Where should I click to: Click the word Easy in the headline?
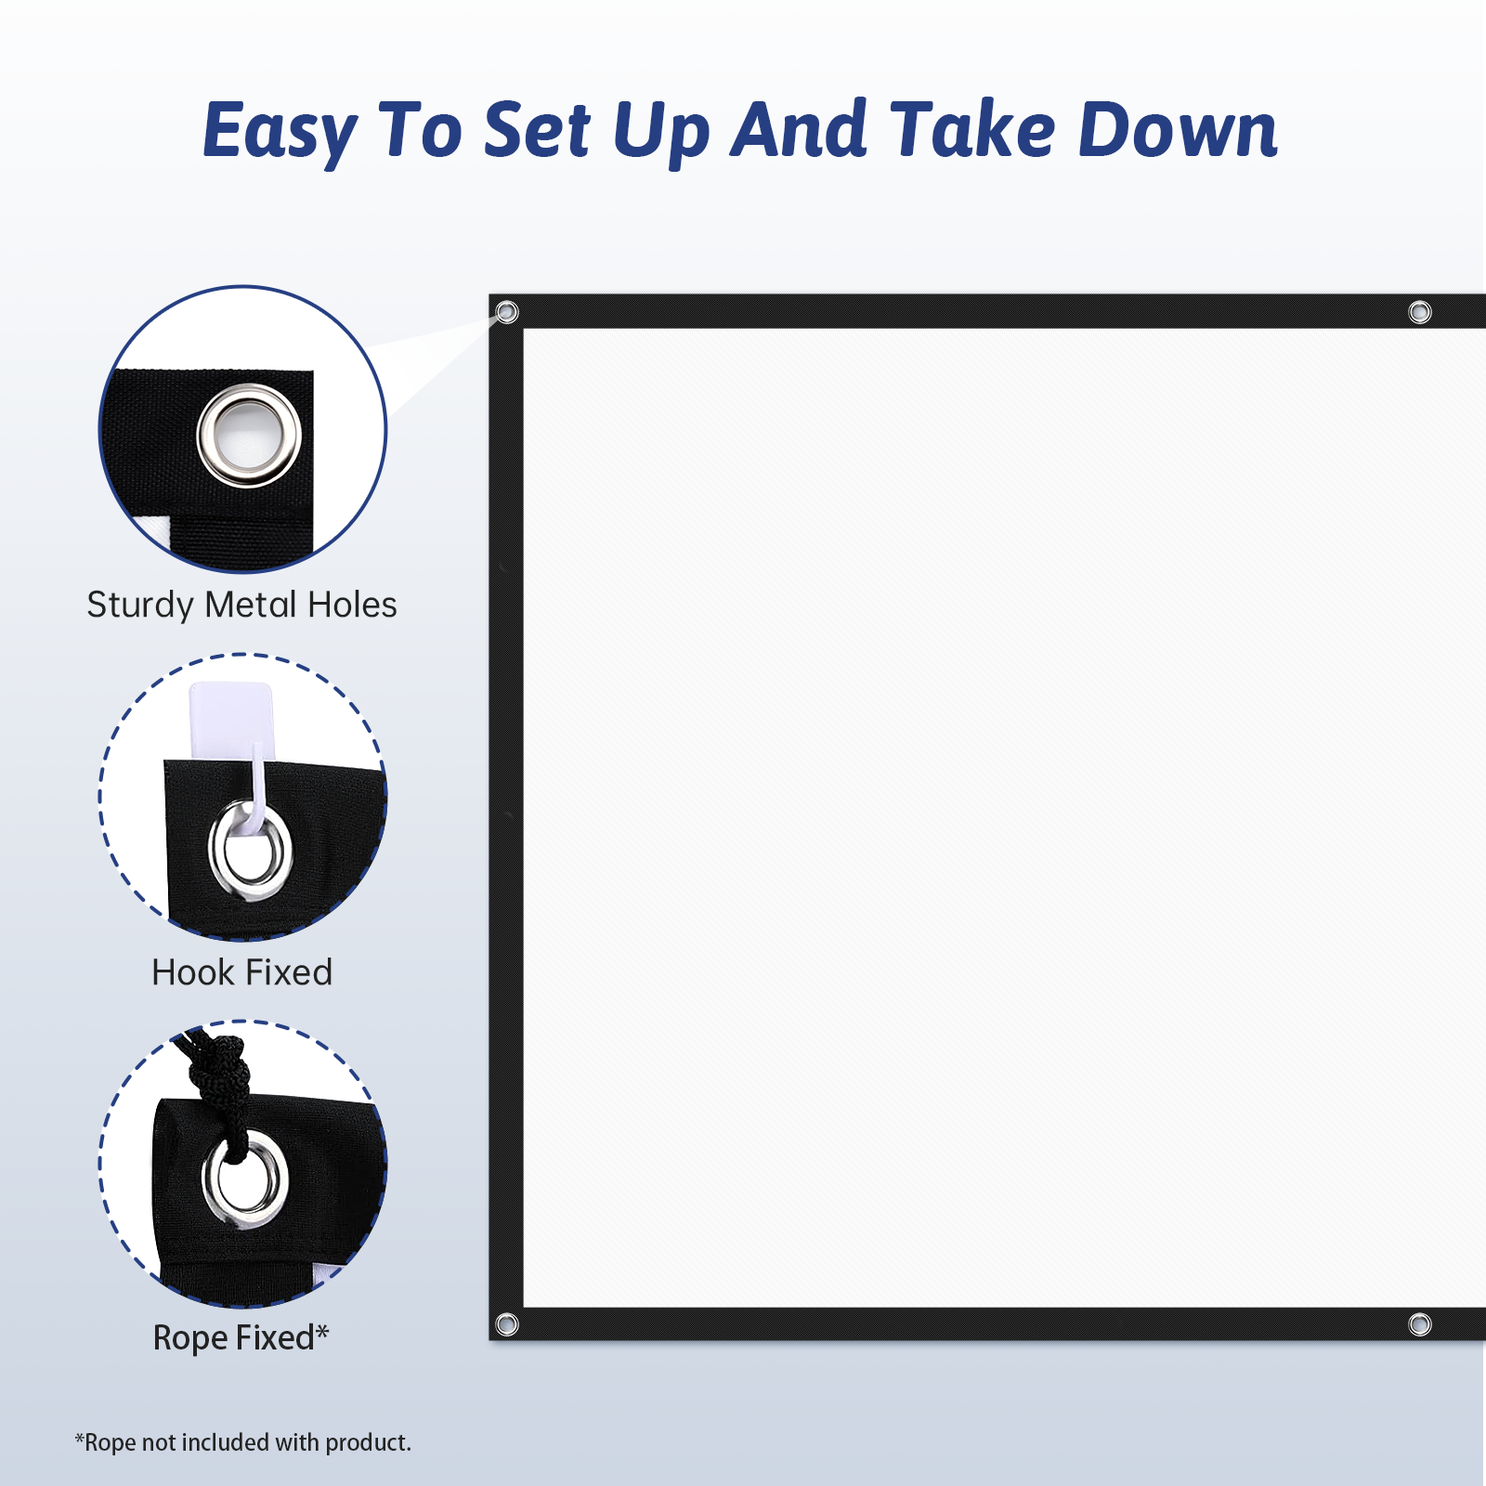280,131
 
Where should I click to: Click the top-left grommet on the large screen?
507,312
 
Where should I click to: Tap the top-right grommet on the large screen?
1419,312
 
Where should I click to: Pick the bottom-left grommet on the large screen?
507,1324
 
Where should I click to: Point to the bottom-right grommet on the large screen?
1419,1324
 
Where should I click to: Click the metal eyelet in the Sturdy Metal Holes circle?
249,436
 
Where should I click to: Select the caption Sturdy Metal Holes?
241,605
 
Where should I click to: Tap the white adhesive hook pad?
230,720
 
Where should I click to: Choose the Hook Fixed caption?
241,972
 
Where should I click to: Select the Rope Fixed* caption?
241,1338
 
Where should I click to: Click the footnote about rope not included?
242,1442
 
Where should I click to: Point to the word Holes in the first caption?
352,605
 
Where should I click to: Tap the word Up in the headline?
661,131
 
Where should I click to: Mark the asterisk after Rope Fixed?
322,1332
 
